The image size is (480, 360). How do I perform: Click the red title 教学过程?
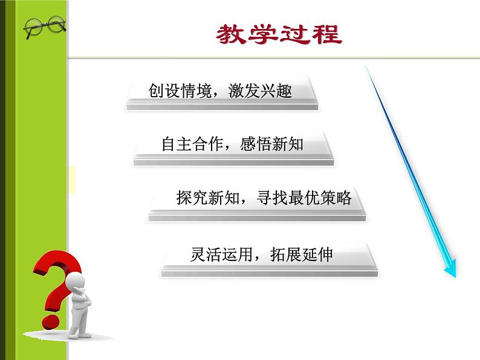point(279,34)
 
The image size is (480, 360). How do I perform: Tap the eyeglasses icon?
point(45,27)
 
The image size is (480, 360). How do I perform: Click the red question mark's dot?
point(51,322)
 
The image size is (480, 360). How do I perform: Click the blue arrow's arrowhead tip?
point(455,277)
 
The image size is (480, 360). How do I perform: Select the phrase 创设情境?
point(180,91)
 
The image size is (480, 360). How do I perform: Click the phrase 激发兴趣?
point(260,91)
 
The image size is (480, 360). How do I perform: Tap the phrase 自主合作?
point(193,144)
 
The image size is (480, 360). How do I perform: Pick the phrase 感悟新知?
point(272,144)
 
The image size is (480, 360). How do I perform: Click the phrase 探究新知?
point(207,198)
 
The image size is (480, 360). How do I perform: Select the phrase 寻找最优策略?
point(304,198)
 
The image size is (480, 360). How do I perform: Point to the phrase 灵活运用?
point(221,254)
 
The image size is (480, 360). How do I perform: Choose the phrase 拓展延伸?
point(301,254)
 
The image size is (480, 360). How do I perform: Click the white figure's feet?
point(79,335)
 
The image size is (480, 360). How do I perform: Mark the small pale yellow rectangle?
point(73,180)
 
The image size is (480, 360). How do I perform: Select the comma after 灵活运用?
point(257,259)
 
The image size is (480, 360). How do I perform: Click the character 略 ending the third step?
point(344,198)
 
